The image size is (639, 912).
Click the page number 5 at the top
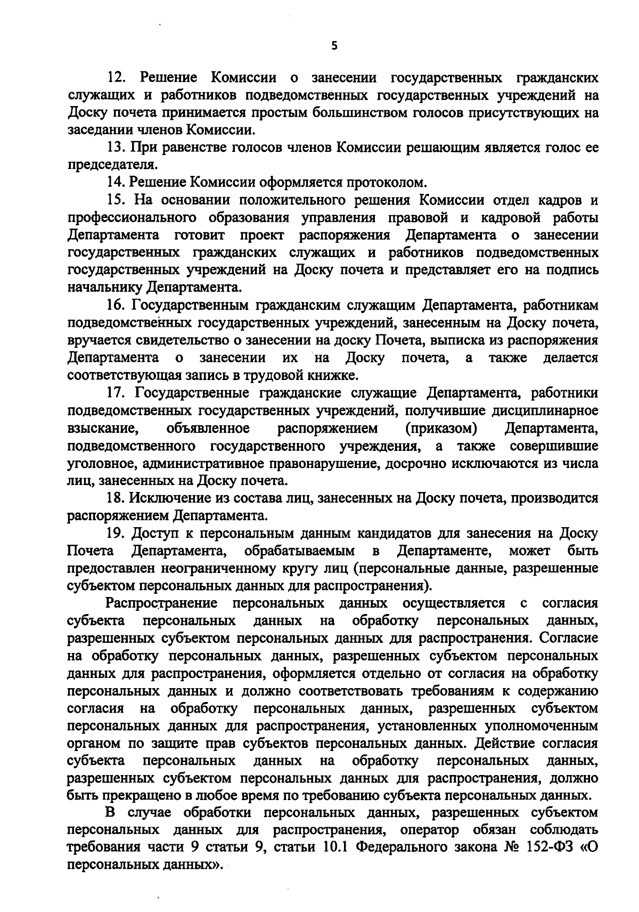click(x=334, y=46)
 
